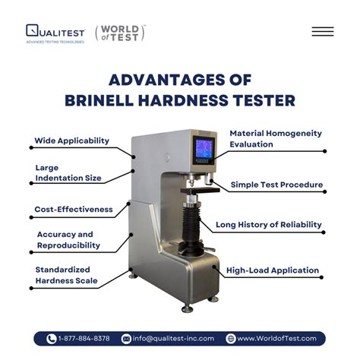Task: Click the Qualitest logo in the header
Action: tap(54, 32)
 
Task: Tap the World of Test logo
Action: tap(120, 33)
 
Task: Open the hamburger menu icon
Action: tap(322, 32)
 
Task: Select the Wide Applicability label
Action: tap(71, 141)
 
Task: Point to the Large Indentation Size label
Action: tap(68, 173)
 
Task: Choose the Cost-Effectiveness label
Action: tap(74, 209)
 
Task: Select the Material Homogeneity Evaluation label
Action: tap(276, 138)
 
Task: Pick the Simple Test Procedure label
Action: tap(277, 185)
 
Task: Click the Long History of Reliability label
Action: tap(269, 225)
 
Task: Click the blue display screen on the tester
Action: tap(204, 147)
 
